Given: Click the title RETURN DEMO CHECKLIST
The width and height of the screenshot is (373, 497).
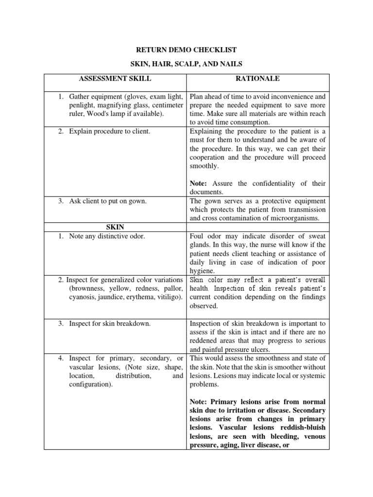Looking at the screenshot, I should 186,50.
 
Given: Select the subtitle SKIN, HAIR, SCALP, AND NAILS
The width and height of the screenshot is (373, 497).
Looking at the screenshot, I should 186,65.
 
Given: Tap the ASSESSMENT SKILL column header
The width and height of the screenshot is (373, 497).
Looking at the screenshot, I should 115,79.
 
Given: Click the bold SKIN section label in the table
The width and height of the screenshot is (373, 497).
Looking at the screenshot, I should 115,227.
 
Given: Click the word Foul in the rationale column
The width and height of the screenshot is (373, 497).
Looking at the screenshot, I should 198,236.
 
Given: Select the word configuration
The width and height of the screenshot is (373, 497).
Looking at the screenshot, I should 89,384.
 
